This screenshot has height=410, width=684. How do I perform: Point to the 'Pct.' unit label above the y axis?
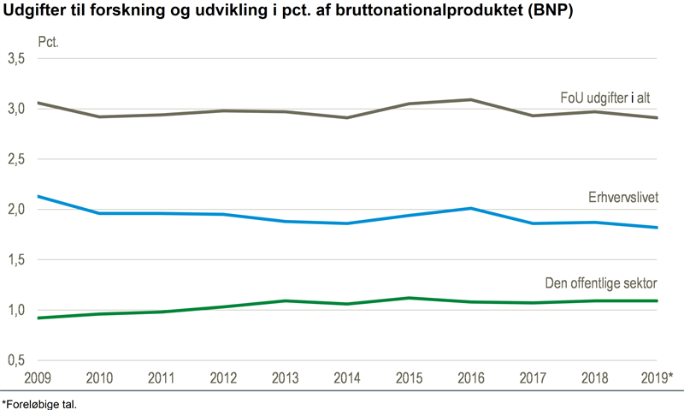pyautogui.click(x=49, y=41)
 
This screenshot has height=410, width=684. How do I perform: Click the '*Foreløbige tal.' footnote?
pyautogui.click(x=39, y=402)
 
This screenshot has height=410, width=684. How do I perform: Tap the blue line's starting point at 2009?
pyautogui.click(x=40, y=196)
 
